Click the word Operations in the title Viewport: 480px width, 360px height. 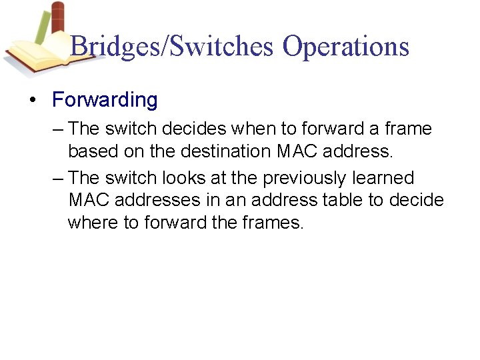tap(345, 47)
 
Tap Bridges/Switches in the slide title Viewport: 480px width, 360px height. tap(172, 47)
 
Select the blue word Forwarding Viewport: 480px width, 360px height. tap(105, 100)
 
